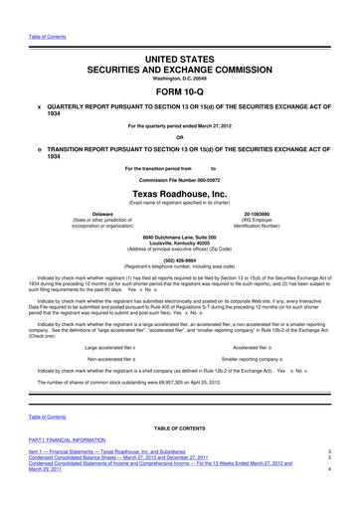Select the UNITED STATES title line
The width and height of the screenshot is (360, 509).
pos(180,33)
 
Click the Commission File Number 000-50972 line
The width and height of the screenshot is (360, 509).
pos(180,177)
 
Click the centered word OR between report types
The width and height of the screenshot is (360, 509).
pos(180,137)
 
